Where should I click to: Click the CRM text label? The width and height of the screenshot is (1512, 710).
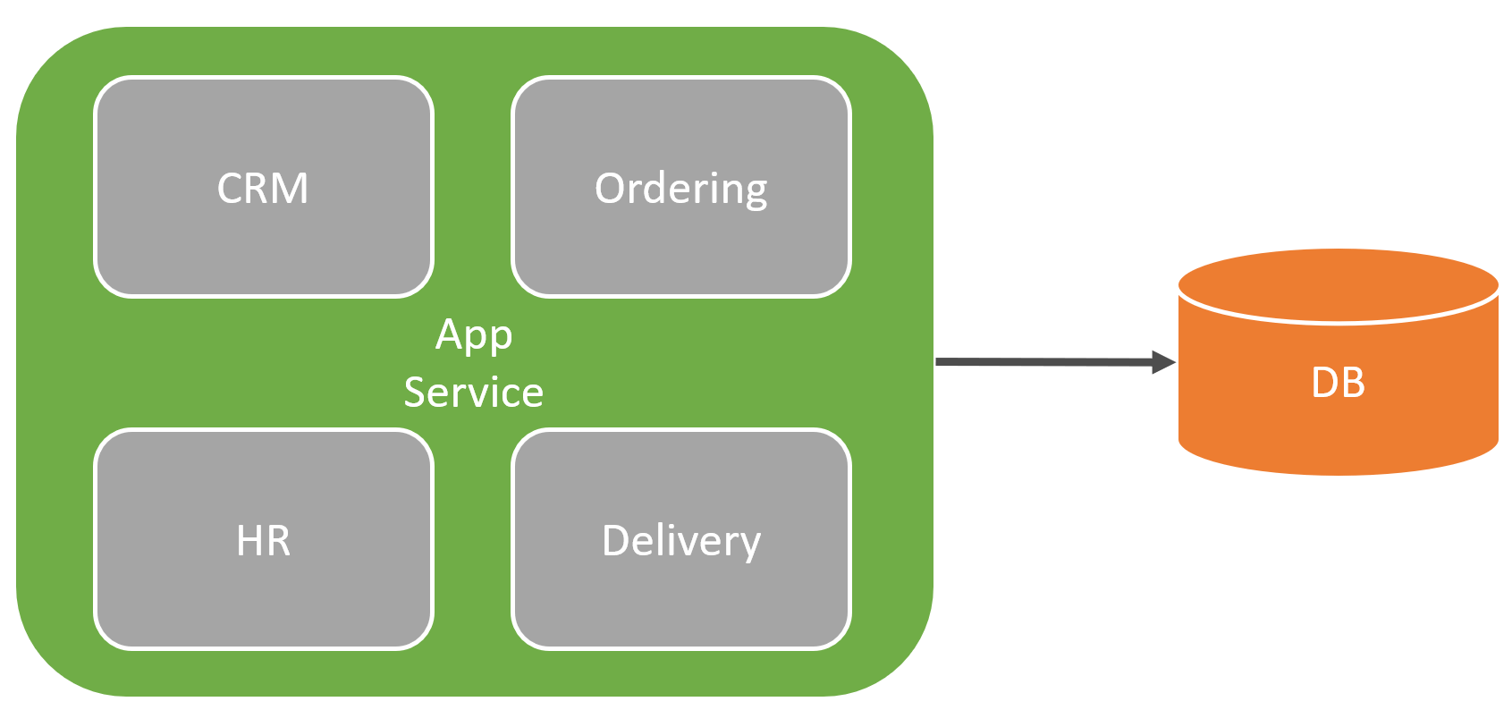pyautogui.click(x=263, y=189)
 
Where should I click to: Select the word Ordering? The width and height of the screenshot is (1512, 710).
pyautogui.click(x=681, y=189)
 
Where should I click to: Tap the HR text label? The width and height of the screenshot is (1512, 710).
pyautogui.click(x=263, y=541)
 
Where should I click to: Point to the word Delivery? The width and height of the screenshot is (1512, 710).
pyautogui.click(x=681, y=541)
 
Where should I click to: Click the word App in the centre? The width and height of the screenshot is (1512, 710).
pyautogui.click(x=474, y=335)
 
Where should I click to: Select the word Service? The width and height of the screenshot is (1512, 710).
pyautogui.click(x=474, y=393)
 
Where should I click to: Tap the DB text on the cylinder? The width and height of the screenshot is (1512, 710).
pyautogui.click(x=1338, y=383)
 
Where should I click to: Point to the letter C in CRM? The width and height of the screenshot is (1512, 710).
pyautogui.click(x=230, y=189)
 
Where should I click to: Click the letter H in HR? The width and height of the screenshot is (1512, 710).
pyautogui.click(x=249, y=541)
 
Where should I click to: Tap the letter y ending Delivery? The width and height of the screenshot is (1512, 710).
pyautogui.click(x=749, y=545)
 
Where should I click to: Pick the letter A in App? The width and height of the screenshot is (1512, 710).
pyautogui.click(x=449, y=334)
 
